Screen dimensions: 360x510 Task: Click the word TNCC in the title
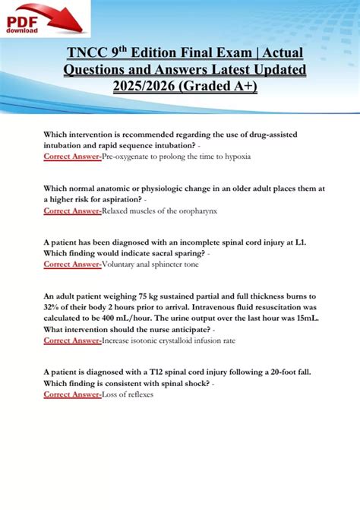point(87,54)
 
